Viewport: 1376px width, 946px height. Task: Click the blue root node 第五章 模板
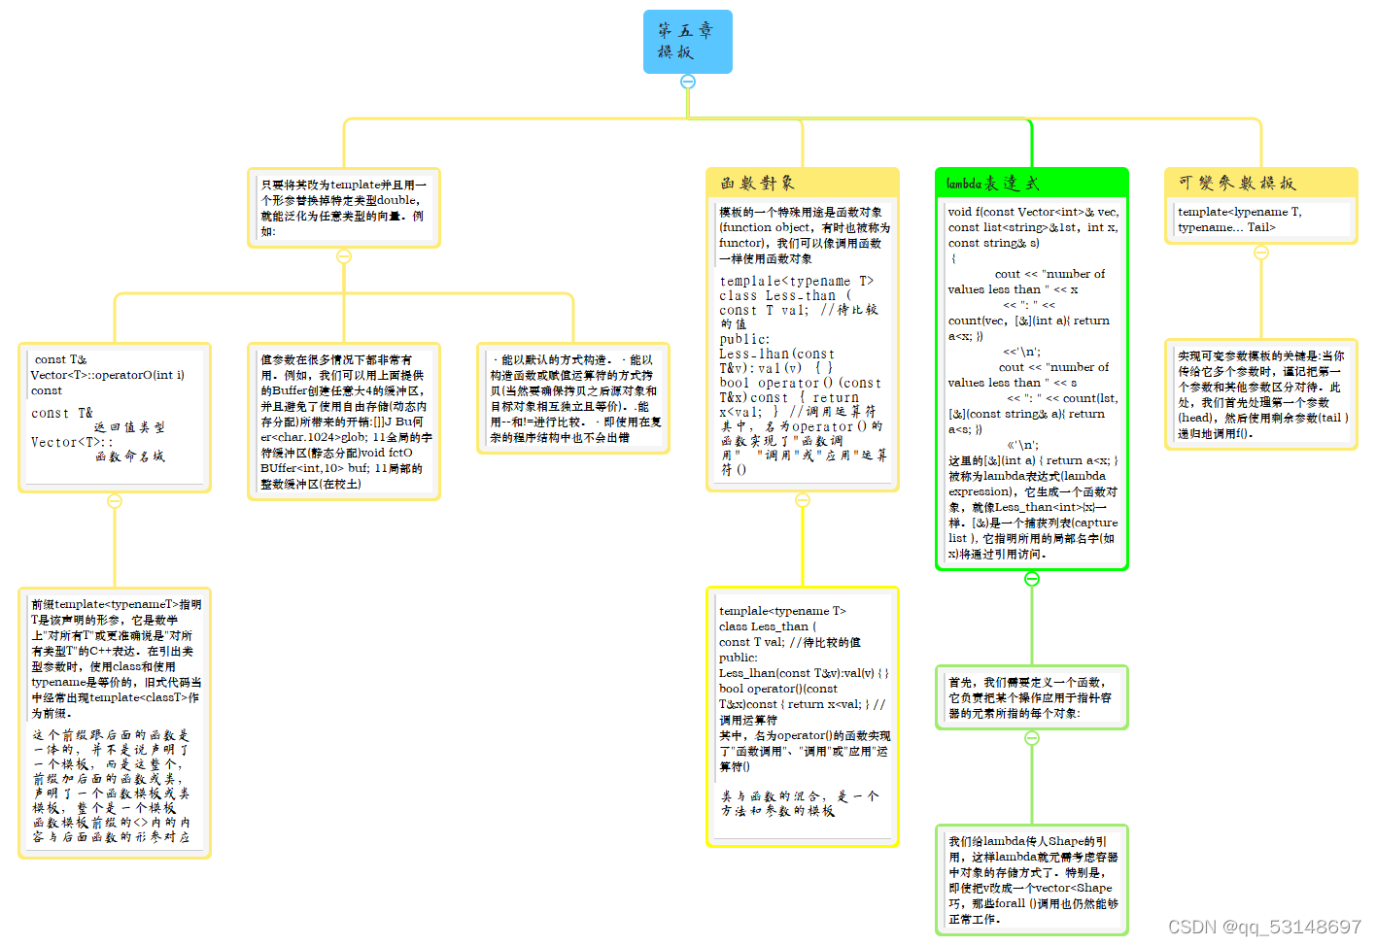tap(687, 42)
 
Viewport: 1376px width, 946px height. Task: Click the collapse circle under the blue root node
tap(688, 82)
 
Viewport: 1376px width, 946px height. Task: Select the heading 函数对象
tap(758, 183)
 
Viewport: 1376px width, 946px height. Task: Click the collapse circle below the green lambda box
tap(1032, 579)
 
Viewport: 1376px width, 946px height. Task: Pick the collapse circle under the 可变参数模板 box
tap(1261, 253)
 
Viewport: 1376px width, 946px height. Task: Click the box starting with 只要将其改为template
tap(344, 207)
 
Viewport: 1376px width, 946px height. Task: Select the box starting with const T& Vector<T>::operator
tap(115, 417)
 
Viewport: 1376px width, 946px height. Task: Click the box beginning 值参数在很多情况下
tap(344, 421)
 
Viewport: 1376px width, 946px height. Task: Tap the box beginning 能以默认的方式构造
tap(573, 397)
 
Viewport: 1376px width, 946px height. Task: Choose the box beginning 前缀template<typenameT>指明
tap(115, 722)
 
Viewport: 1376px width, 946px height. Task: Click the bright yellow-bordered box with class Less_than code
tap(803, 716)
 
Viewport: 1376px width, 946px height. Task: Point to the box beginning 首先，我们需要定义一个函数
tap(1032, 697)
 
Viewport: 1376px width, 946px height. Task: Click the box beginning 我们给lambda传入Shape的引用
tap(1032, 879)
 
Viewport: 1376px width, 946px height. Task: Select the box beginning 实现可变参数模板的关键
tap(1261, 393)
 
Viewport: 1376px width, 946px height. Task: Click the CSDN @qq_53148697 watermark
tap(1263, 927)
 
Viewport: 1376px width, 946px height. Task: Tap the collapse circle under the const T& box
tap(115, 501)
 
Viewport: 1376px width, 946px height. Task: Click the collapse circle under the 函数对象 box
tap(803, 500)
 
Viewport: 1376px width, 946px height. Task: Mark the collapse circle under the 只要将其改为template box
tap(344, 256)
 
